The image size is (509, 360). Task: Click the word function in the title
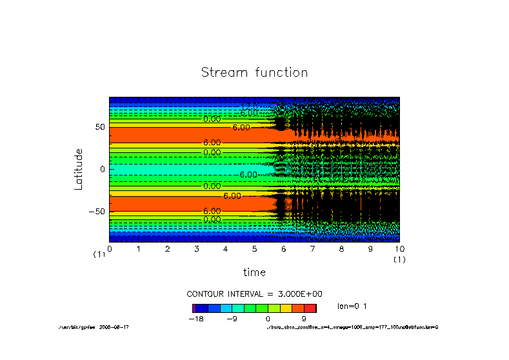281,72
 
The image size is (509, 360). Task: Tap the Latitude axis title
79,169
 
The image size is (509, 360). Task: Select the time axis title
254,272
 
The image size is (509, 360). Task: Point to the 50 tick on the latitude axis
100,127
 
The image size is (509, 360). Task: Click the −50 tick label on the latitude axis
97,211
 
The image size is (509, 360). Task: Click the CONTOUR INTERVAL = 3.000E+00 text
254,294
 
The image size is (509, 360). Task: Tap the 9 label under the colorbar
304,319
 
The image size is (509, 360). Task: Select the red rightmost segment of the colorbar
310,308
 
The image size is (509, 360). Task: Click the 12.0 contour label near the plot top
249,106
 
